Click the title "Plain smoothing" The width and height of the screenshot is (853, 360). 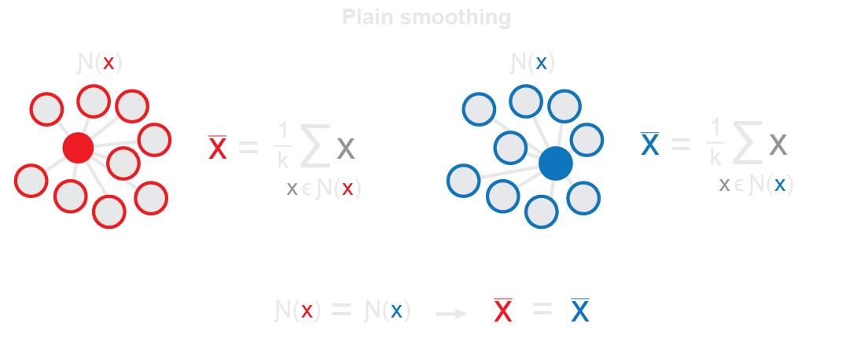coord(426,17)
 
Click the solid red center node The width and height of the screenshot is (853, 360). coord(78,147)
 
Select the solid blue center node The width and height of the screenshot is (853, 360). coord(556,163)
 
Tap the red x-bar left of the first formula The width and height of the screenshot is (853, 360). coord(218,148)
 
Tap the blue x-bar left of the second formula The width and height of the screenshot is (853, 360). coord(650,144)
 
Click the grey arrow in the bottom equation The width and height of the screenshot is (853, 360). coord(451,314)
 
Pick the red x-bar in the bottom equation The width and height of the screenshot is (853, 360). coord(503,311)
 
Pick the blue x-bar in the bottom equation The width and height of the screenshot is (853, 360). coord(580,311)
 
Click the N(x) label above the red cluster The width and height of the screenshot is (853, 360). coord(100,64)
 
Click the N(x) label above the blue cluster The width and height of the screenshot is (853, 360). coord(532,63)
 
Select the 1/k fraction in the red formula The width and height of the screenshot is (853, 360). coord(283,146)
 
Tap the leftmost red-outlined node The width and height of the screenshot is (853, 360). coord(31,180)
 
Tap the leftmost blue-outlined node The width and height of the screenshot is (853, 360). coord(464,180)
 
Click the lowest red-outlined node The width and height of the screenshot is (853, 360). coord(109,211)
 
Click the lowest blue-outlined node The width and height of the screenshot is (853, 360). coord(542,211)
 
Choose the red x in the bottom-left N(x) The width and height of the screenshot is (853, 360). coord(307,311)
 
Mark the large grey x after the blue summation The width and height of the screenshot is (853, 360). coord(778,145)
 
